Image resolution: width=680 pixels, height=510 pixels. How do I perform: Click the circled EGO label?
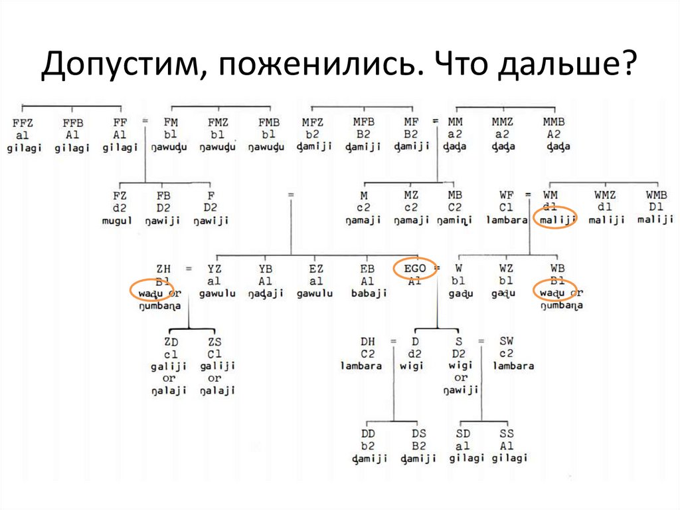[415, 269]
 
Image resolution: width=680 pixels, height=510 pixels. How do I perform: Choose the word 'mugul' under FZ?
[117, 220]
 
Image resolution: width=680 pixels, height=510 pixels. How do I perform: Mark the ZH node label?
[163, 269]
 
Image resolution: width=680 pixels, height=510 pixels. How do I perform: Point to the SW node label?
[506, 342]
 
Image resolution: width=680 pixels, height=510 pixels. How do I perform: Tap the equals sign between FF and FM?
[145, 121]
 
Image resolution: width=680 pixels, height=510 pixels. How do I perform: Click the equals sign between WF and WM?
[528, 194]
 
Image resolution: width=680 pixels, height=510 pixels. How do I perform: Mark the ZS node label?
[214, 342]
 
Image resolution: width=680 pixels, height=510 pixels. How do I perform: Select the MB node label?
[455, 195]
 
